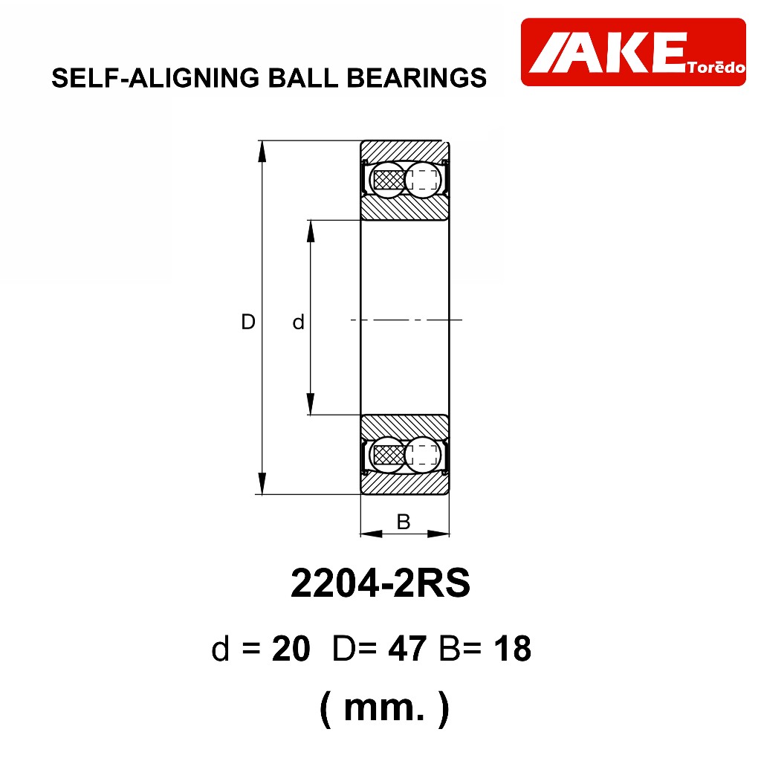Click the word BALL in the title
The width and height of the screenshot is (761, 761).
coord(303,77)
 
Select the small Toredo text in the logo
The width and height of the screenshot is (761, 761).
coord(716,67)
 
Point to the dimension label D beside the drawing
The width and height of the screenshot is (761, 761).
coord(248,322)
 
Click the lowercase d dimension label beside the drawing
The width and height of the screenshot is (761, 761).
coord(298,322)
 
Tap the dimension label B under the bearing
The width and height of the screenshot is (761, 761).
coord(404,522)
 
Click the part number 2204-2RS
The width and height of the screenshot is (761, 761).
coord(380,583)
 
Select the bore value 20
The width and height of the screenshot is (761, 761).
coord(291,648)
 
